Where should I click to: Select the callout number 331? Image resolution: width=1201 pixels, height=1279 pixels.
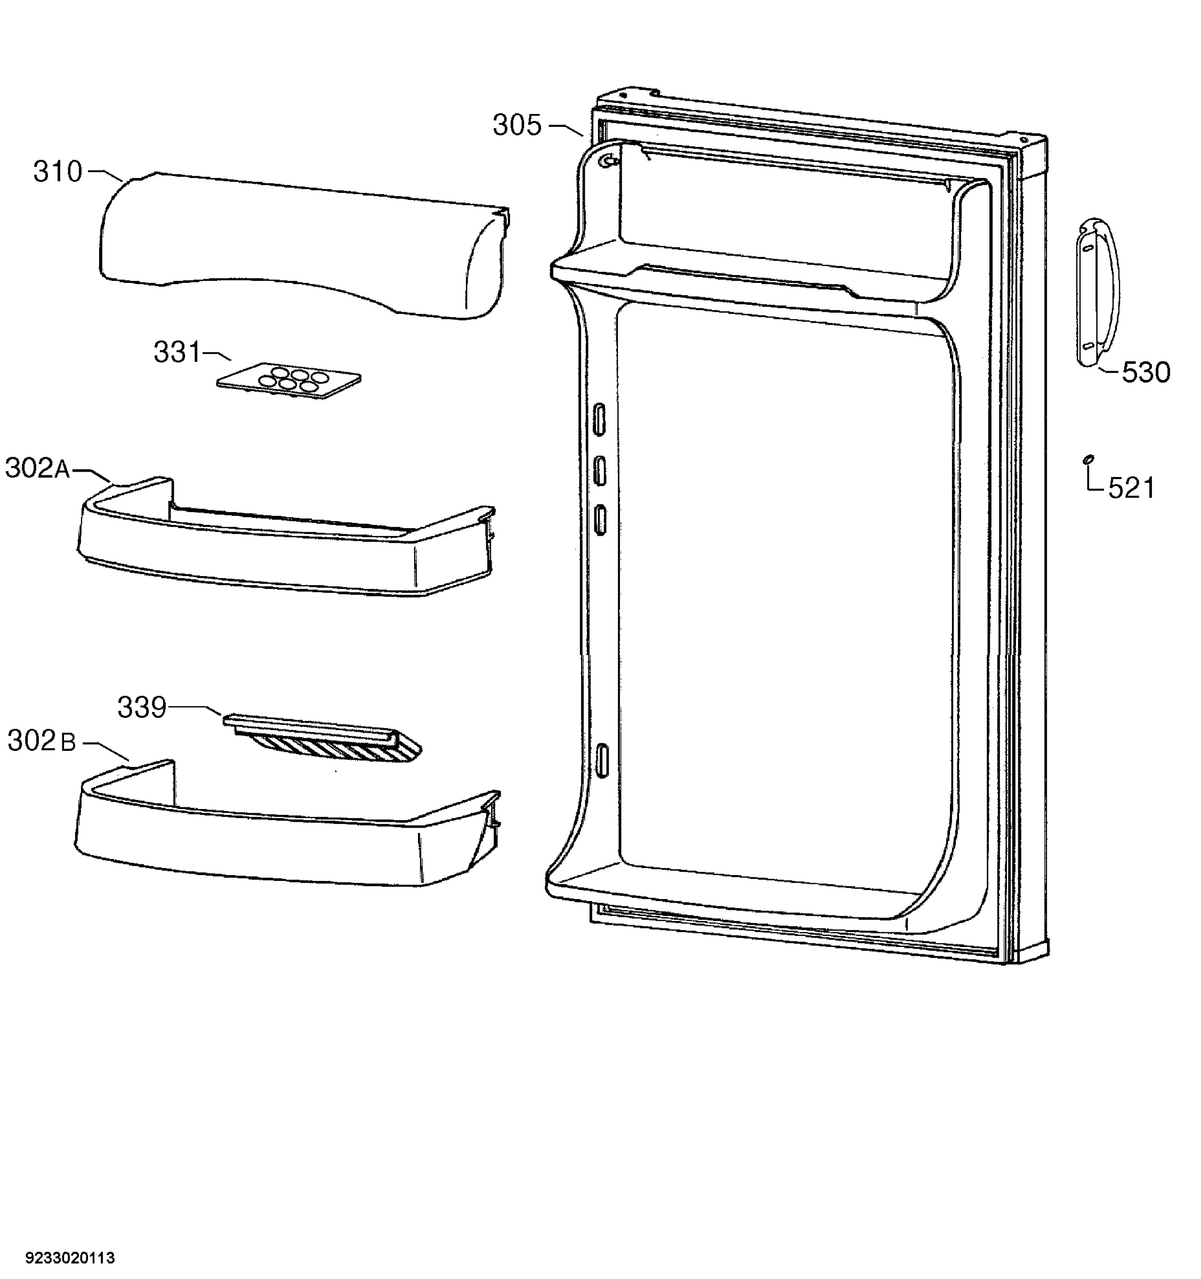click(x=178, y=353)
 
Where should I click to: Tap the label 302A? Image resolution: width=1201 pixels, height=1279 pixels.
click(x=38, y=468)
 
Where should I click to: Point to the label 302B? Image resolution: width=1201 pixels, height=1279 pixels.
click(x=42, y=741)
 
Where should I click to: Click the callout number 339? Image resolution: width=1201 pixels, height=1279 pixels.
click(x=142, y=708)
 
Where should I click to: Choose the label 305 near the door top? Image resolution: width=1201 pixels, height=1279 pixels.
click(x=518, y=125)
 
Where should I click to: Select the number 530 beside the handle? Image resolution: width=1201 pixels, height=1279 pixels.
click(x=1146, y=373)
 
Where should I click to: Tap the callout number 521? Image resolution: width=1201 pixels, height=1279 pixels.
click(x=1132, y=488)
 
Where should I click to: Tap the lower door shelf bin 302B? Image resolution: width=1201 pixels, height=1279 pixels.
click(x=287, y=823)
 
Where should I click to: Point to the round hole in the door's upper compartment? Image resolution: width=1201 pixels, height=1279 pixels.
click(x=606, y=161)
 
